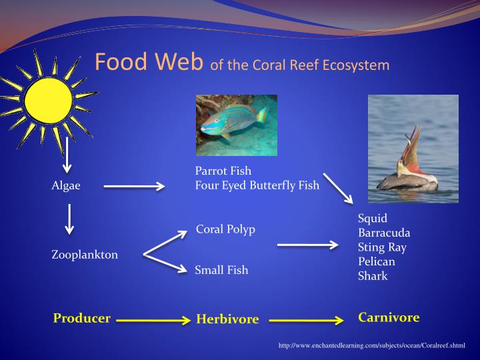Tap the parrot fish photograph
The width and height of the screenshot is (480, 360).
(x=236, y=125)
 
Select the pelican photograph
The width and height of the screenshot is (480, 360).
(x=413, y=149)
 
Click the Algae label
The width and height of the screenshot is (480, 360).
(x=66, y=186)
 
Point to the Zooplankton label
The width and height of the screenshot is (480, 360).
(x=85, y=255)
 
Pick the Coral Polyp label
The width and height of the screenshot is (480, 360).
(x=225, y=229)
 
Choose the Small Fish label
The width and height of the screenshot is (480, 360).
(x=221, y=270)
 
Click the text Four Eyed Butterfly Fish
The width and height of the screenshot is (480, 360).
(x=257, y=185)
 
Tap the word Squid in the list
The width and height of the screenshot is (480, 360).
(x=373, y=219)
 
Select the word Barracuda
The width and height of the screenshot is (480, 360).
(x=384, y=233)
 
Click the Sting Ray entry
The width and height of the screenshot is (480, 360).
(x=382, y=247)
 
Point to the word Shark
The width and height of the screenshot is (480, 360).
(x=373, y=276)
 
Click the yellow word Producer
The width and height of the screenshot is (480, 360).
(x=81, y=318)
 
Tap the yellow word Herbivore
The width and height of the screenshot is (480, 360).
(x=227, y=319)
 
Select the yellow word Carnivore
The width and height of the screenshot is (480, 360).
(x=389, y=317)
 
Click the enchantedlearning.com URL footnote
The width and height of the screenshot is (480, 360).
(x=371, y=345)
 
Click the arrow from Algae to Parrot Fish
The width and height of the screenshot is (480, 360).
(x=134, y=187)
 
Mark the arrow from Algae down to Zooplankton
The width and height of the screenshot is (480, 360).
(x=69, y=220)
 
